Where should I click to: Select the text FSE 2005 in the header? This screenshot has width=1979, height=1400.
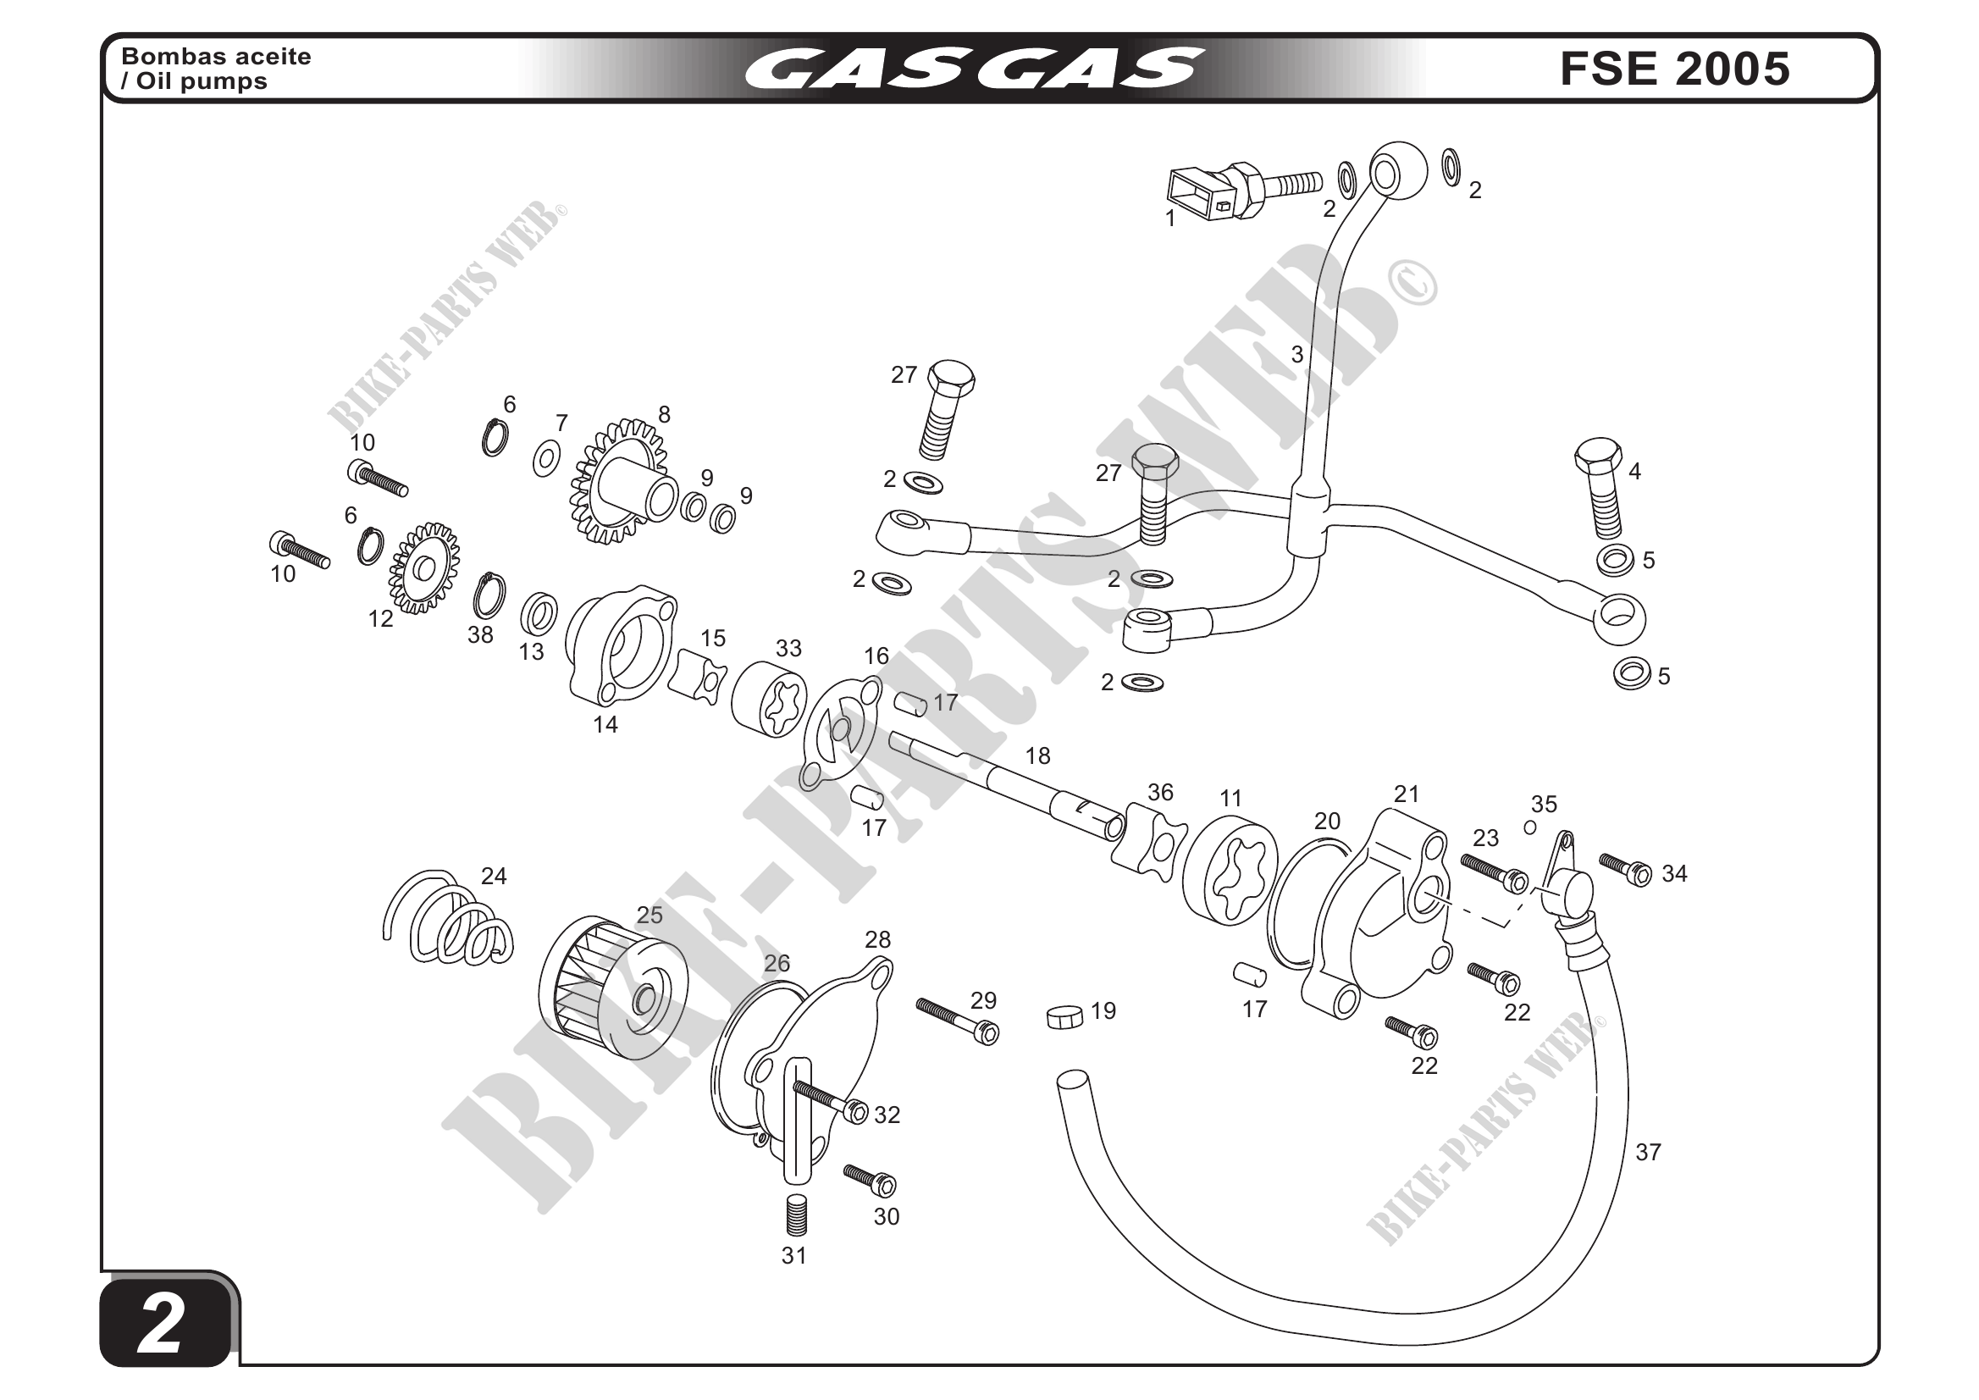point(1675,69)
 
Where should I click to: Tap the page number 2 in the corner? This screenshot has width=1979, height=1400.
point(161,1325)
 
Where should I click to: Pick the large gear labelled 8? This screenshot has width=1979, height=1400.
point(621,484)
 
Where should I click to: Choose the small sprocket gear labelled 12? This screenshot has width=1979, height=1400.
point(423,569)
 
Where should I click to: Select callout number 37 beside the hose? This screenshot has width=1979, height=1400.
point(1647,1152)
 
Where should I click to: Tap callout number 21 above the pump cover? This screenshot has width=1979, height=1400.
point(1406,794)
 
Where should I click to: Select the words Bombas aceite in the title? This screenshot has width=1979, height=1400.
point(216,57)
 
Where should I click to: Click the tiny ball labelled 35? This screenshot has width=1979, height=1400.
point(1530,827)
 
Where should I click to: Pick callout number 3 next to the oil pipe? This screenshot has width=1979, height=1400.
point(1296,354)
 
